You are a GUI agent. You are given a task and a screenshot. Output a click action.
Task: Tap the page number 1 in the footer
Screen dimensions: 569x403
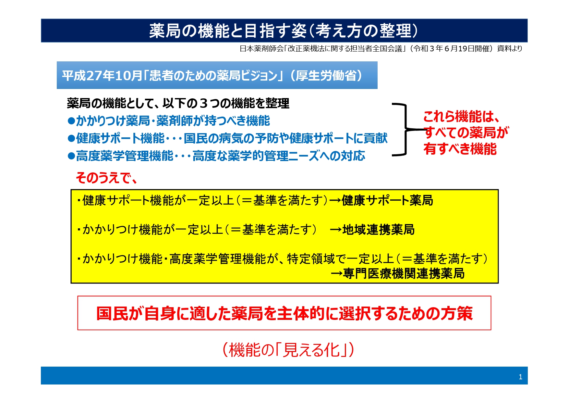[520, 377]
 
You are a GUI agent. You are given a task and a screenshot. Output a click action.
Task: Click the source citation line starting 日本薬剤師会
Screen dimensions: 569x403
[381, 49]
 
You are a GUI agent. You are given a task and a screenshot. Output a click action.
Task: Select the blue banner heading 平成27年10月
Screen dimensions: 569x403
[212, 76]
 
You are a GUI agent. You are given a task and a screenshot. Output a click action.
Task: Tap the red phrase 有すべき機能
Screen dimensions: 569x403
[460, 149]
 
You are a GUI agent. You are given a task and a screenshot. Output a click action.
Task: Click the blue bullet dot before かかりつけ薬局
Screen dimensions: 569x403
[71, 121]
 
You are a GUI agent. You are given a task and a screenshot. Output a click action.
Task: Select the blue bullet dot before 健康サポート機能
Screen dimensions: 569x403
[71, 139]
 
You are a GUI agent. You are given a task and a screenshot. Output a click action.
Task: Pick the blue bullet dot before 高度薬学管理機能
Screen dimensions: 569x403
[71, 156]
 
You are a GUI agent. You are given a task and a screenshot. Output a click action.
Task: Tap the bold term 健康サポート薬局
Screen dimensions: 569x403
[387, 200]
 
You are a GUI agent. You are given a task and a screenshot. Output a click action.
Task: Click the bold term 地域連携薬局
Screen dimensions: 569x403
[379, 230]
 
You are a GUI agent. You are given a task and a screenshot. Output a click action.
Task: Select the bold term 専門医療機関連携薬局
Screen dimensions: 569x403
[404, 273]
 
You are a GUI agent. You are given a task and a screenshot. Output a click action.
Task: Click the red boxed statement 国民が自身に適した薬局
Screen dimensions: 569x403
[284, 313]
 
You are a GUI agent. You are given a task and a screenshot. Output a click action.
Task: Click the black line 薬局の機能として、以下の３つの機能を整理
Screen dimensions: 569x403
[178, 103]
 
